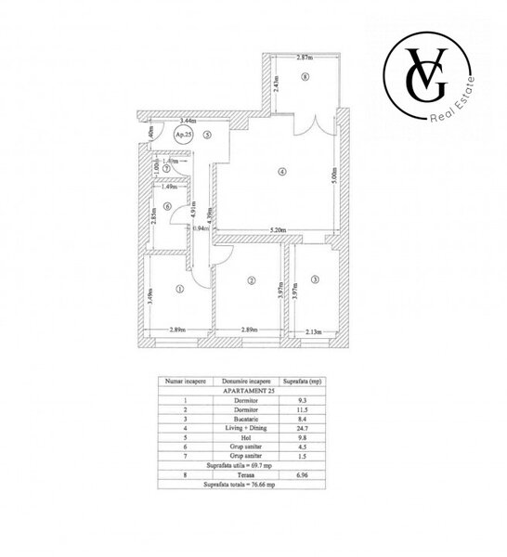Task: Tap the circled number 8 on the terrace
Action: pos(304,77)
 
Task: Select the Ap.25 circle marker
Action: pos(184,136)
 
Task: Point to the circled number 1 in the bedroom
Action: pos(178,289)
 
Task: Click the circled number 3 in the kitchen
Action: pos(315,278)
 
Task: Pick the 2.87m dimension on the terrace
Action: pos(304,58)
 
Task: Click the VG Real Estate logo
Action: pos(431,78)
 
